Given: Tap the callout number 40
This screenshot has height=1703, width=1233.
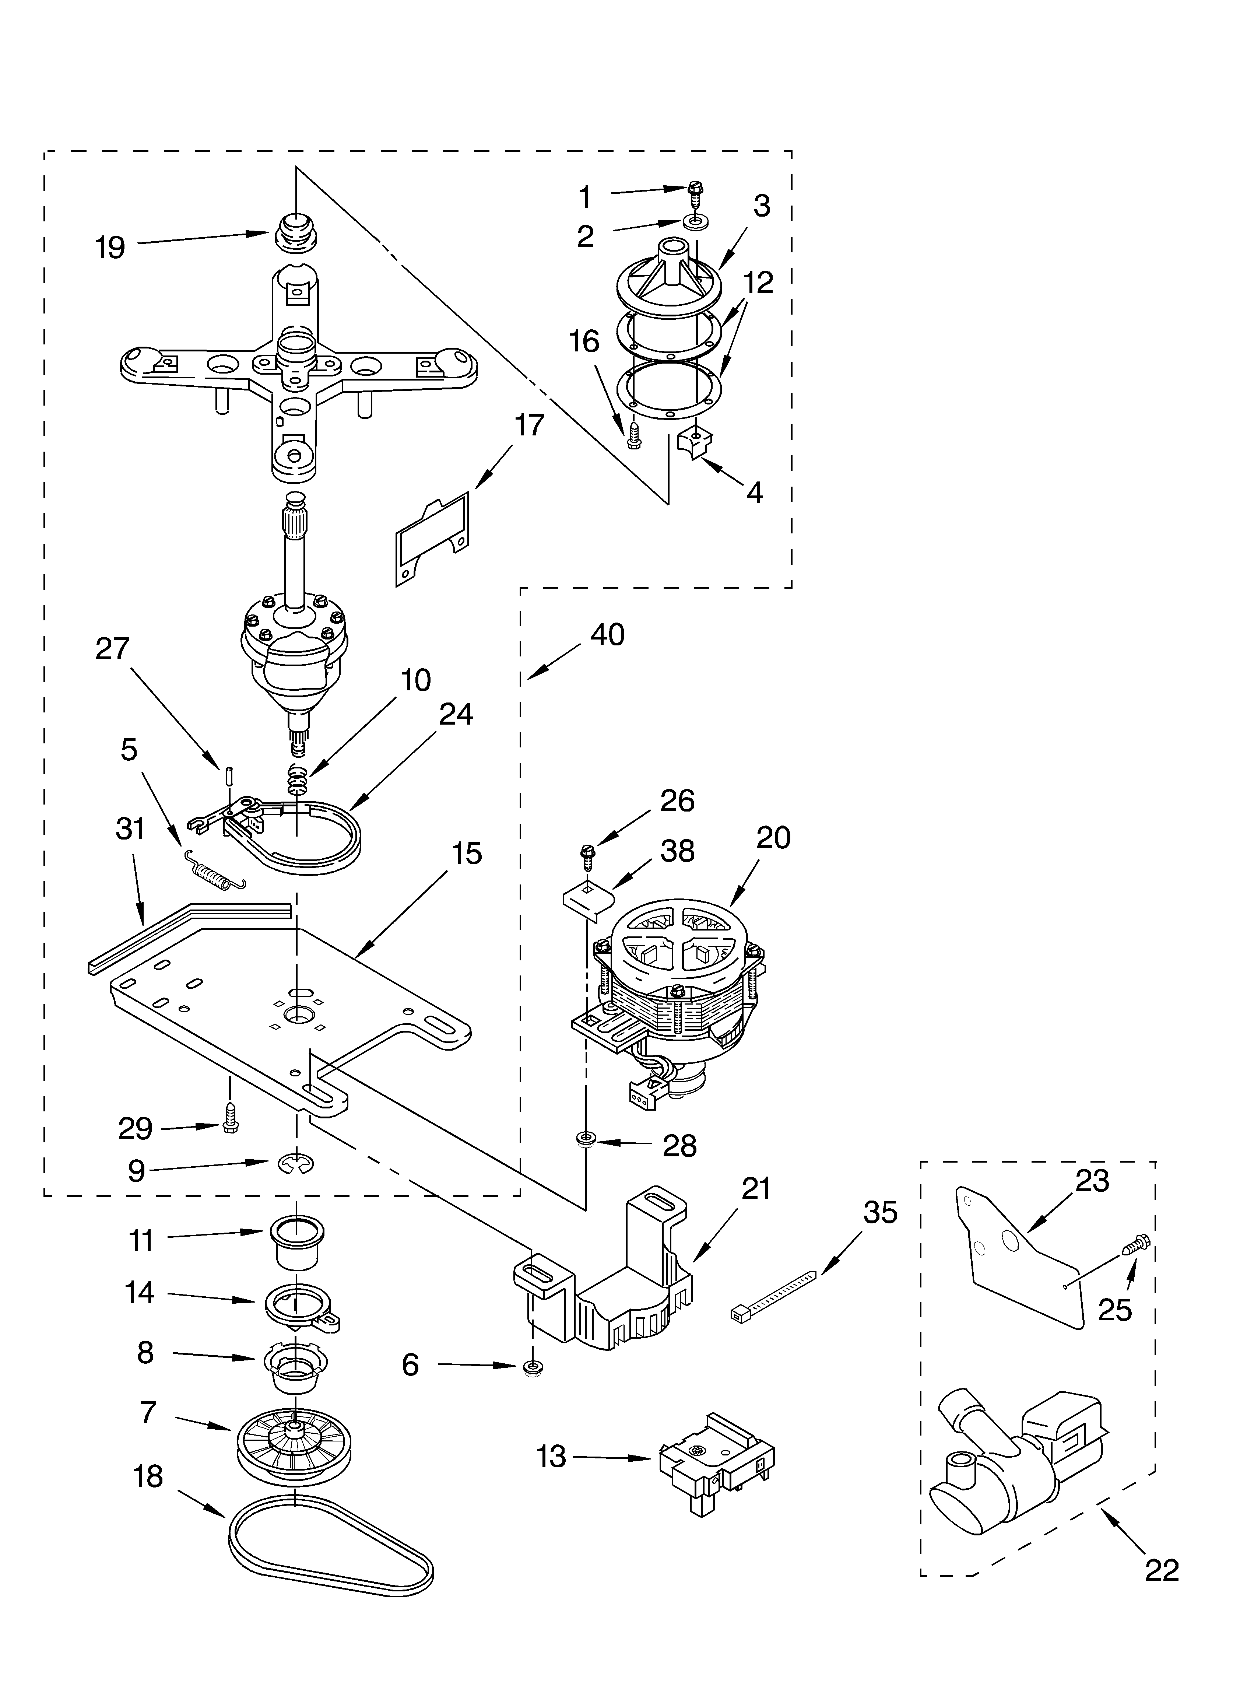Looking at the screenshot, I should tap(607, 634).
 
